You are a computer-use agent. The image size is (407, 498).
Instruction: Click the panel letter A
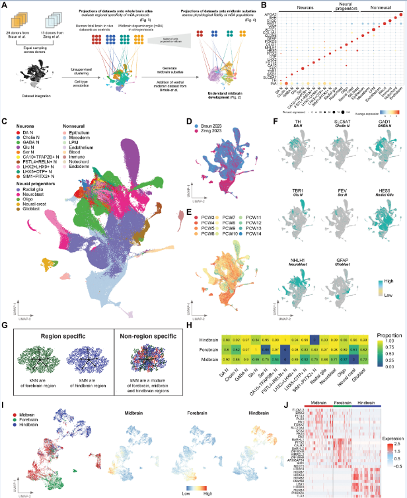tap(5, 5)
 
